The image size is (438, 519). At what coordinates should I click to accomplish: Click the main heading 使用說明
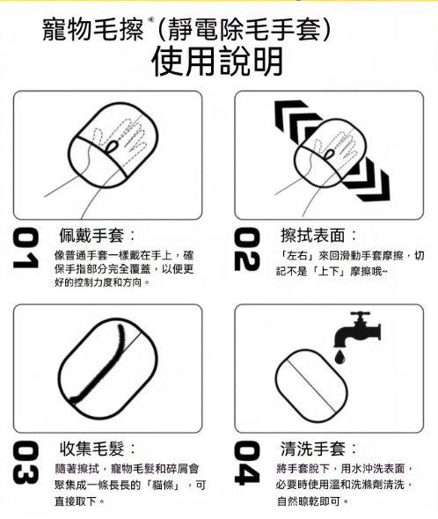click(x=217, y=62)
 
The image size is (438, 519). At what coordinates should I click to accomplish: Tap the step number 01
click(x=26, y=247)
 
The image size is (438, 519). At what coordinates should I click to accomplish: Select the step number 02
click(x=247, y=249)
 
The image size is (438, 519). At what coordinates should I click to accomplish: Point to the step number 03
click(x=26, y=463)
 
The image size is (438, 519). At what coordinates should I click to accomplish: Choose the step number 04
click(x=247, y=463)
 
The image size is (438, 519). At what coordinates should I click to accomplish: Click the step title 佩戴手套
click(x=91, y=236)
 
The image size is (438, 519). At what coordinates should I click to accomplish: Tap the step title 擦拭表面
click(x=312, y=236)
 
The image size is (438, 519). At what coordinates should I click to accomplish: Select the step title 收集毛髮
click(x=91, y=449)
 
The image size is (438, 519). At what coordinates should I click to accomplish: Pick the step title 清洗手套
click(x=312, y=449)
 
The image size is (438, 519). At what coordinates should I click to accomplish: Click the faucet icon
click(x=358, y=329)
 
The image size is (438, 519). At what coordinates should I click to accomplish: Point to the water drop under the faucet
click(x=339, y=357)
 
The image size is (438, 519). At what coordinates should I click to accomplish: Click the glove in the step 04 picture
click(x=311, y=385)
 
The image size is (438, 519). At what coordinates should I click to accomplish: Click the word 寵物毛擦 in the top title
click(x=92, y=30)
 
